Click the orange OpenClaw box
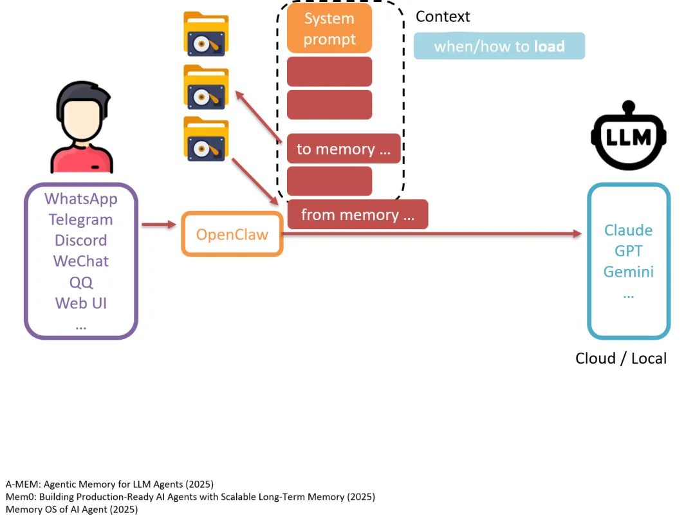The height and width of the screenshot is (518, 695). click(x=232, y=234)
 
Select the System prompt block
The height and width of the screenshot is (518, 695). click(x=329, y=29)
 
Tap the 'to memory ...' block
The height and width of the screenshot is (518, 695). click(x=344, y=149)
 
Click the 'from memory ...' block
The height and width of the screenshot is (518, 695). click(x=357, y=214)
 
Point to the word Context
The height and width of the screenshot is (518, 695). click(x=443, y=17)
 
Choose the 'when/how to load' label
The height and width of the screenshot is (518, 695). click(x=499, y=46)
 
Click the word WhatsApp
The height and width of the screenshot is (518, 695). click(x=81, y=199)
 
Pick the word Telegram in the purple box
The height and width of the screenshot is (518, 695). click(x=81, y=219)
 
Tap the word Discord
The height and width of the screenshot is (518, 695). click(x=81, y=240)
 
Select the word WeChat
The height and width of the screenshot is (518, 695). click(x=81, y=261)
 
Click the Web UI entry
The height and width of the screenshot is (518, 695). click(x=81, y=302)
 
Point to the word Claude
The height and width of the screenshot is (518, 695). click(x=628, y=230)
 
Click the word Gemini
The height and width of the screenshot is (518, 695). click(x=628, y=272)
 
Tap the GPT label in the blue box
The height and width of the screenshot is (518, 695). click(x=628, y=251)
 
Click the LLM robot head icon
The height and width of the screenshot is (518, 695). click(x=628, y=136)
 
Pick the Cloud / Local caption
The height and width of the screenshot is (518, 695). click(x=620, y=358)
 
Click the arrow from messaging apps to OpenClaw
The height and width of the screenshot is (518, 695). click(x=158, y=225)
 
